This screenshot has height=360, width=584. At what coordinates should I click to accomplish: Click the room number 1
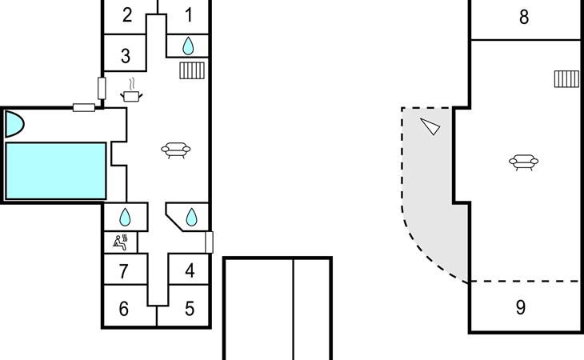tap(189, 15)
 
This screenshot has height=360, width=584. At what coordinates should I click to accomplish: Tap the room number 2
tap(127, 15)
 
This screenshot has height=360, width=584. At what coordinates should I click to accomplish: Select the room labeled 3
tap(126, 56)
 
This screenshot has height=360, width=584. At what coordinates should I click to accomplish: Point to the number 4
tap(190, 270)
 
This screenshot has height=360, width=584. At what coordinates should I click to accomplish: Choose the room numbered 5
tap(190, 309)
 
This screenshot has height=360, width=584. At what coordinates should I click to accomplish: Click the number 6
tap(124, 309)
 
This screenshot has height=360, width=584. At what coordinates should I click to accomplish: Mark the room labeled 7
tap(124, 271)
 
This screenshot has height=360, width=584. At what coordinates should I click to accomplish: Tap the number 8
tap(524, 17)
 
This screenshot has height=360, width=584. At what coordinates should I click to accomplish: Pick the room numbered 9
tap(521, 307)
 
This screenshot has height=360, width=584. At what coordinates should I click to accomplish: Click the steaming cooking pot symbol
tap(131, 90)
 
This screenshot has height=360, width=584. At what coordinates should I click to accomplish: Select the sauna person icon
tap(120, 242)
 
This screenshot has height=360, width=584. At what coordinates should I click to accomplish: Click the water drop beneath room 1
tap(188, 46)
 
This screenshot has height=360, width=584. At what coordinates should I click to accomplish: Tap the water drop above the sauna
tap(125, 218)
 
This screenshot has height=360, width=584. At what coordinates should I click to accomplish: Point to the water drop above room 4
tap(191, 218)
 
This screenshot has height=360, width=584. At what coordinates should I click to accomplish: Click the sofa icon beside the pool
tap(176, 150)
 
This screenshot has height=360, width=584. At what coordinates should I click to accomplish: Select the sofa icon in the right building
tap(524, 162)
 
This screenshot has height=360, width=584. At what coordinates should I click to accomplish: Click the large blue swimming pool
tap(56, 171)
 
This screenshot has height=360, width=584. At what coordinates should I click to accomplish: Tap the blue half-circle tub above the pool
tap(14, 124)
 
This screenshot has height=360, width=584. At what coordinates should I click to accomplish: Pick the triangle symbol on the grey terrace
tap(430, 126)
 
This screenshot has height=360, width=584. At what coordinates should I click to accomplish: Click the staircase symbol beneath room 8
tap(566, 79)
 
